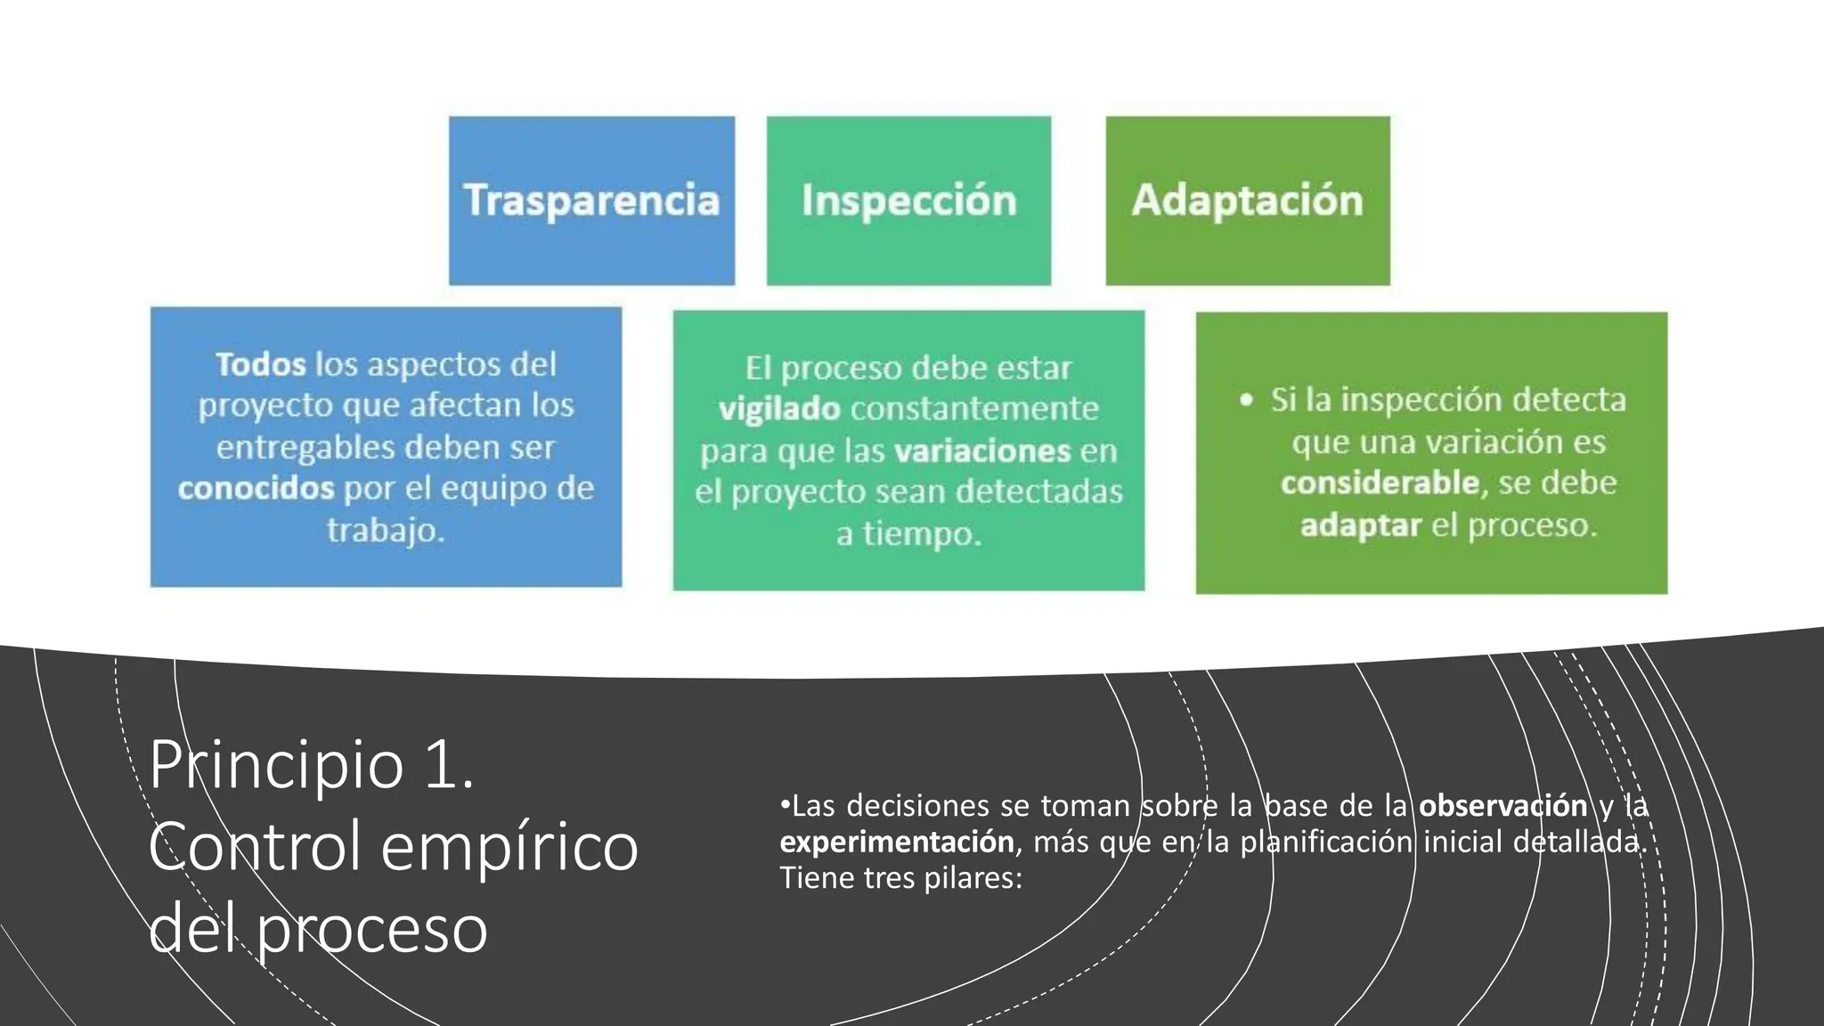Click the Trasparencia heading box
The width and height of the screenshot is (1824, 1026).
(x=591, y=200)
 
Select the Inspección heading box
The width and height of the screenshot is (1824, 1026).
(x=908, y=200)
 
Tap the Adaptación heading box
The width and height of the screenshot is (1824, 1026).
(x=1247, y=200)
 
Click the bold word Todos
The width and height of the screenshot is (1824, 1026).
(x=260, y=364)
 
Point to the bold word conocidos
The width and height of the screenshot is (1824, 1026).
(x=256, y=488)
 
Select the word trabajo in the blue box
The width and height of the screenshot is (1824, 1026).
(x=385, y=531)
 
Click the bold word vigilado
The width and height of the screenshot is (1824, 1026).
(x=779, y=409)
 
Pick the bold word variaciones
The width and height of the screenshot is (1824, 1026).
(x=982, y=451)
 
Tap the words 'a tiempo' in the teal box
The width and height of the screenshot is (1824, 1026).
(x=908, y=534)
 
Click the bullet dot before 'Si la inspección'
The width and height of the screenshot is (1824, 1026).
(x=1246, y=401)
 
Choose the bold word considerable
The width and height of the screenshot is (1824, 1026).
(x=1380, y=484)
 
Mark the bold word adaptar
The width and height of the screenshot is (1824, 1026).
(x=1360, y=525)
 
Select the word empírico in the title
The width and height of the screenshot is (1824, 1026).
(x=509, y=846)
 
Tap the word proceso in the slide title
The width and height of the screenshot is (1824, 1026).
(x=372, y=928)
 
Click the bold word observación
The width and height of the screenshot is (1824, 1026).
(x=1502, y=806)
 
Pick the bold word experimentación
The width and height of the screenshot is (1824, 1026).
(x=897, y=842)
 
